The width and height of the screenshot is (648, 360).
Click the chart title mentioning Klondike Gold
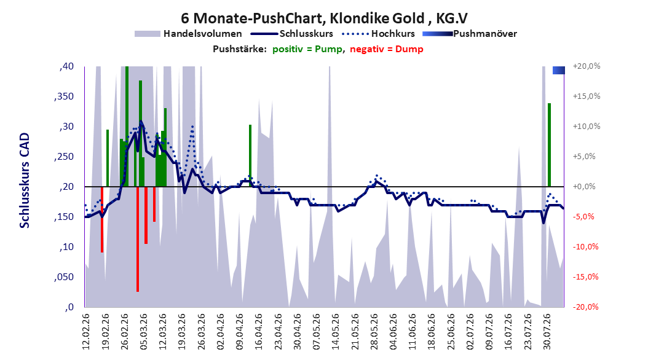pyautogui.click(x=325, y=18)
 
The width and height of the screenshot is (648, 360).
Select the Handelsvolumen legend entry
pyautogui.click(x=188, y=34)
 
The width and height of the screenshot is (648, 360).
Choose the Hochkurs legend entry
pyautogui.click(x=378, y=34)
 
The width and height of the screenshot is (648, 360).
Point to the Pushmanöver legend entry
pyautogui.click(x=470, y=34)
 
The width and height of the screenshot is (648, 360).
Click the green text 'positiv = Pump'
pyautogui.click(x=307, y=49)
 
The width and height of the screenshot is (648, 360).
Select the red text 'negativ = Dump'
pyautogui.click(x=387, y=49)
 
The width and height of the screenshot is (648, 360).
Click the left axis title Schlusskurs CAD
pyautogui.click(x=25, y=181)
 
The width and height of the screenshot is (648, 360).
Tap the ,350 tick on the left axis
pyautogui.click(x=64, y=96)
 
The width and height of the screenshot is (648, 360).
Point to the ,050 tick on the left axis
pyautogui.click(x=64, y=277)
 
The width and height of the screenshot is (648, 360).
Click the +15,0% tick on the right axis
pyautogui.click(x=587, y=96)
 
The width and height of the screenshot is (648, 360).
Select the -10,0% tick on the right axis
pyautogui.click(x=585, y=247)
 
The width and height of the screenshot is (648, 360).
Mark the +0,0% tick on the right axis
pyautogui.click(x=584, y=187)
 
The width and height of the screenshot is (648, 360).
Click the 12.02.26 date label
pyautogui.click(x=86, y=332)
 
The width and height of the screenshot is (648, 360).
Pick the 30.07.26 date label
pyautogui.click(x=547, y=332)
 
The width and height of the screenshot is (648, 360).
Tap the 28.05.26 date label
pyautogui.click(x=374, y=332)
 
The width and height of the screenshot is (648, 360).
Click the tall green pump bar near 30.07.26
pyautogui.click(x=549, y=145)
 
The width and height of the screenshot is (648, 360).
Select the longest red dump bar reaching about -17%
pyautogui.click(x=138, y=239)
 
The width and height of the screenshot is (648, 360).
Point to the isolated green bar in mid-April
pyautogui.click(x=250, y=155)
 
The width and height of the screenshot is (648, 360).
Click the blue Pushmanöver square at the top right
pyautogui.click(x=559, y=70)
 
